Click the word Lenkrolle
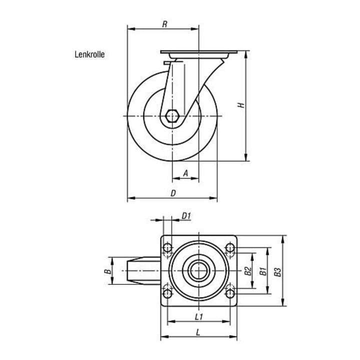(89, 54)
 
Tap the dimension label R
(164, 24)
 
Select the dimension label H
(241, 105)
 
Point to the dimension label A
(185, 173)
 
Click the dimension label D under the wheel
(173, 193)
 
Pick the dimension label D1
(186, 216)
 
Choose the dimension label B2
(248, 271)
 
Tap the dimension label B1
(263, 271)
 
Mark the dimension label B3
(278, 272)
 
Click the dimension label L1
(199, 317)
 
